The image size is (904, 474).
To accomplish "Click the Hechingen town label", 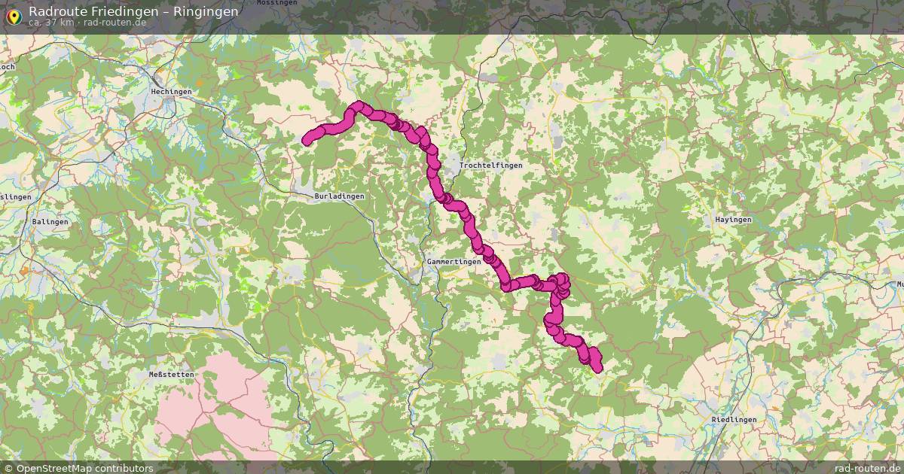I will [171, 92].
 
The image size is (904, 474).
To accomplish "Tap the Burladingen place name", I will [339, 196].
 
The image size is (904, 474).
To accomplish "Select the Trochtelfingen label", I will [490, 165].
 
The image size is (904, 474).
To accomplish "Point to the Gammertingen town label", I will [454, 262].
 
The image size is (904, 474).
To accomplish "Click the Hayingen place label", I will [733, 220].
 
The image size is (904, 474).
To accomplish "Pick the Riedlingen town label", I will [733, 419].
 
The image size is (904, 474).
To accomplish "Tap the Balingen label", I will [50, 222].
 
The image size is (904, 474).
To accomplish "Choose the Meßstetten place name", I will [172, 374].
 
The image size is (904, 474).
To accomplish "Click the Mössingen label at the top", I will [272, 3].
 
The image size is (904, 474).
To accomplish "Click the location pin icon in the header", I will [14, 15].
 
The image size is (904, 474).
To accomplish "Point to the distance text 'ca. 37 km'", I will [51, 23].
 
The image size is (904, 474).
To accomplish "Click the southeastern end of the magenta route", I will [598, 368].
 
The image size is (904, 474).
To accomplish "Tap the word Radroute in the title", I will [55, 11].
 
